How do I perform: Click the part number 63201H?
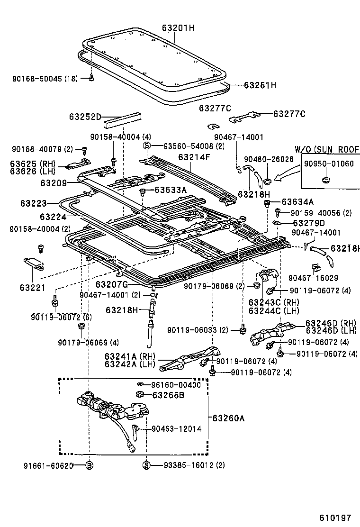click(x=178, y=28)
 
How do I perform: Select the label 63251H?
click(x=260, y=85)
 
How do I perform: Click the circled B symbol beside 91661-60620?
click(x=89, y=465)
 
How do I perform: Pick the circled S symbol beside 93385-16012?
click(x=146, y=465)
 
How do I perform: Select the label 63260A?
click(x=229, y=418)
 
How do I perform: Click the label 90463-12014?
click(x=177, y=428)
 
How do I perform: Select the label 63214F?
click(x=194, y=157)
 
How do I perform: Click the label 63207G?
click(x=112, y=284)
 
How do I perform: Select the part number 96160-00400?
click(x=176, y=384)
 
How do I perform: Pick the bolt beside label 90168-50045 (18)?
click(x=91, y=78)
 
